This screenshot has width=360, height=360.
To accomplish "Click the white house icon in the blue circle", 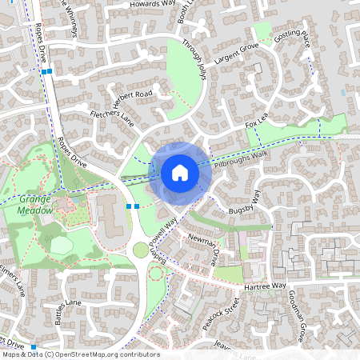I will (179, 172).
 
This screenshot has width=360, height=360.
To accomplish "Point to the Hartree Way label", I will (266, 286).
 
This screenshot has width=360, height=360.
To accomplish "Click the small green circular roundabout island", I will (141, 250).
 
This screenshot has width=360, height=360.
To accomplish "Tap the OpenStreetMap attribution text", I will (80, 354).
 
